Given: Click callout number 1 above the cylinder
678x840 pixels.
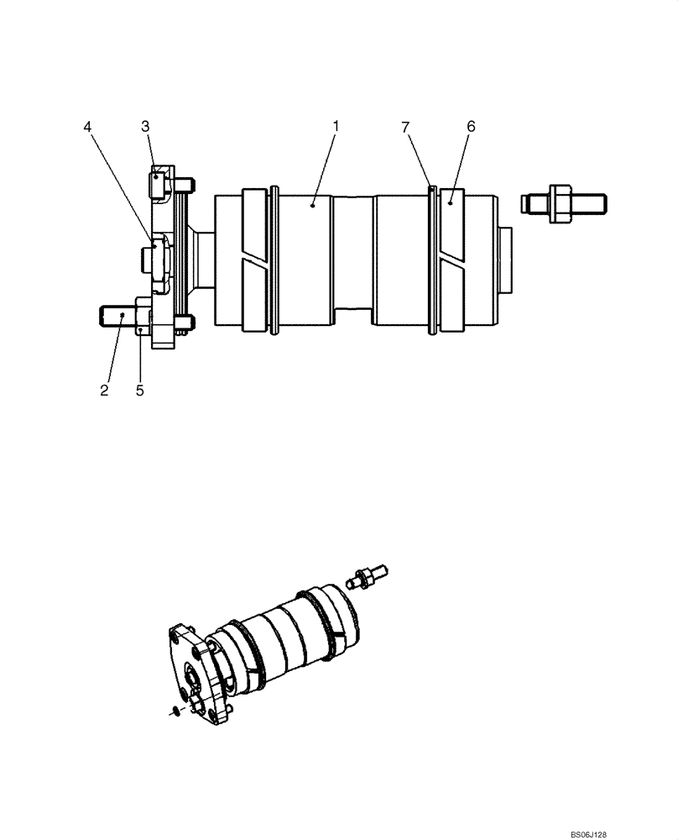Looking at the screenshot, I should point(336,126).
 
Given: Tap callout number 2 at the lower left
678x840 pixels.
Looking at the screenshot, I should point(104,391).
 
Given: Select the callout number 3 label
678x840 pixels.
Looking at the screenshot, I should point(145,126).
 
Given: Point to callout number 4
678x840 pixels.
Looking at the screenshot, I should point(87,126).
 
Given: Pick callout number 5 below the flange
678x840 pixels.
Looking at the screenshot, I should point(139,391).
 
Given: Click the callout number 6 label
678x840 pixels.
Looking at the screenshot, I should point(471,126).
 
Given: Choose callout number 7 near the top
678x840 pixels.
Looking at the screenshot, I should point(405,126).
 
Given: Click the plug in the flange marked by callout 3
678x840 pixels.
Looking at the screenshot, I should point(159,181).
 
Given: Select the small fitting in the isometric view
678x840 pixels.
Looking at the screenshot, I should point(366,577).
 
